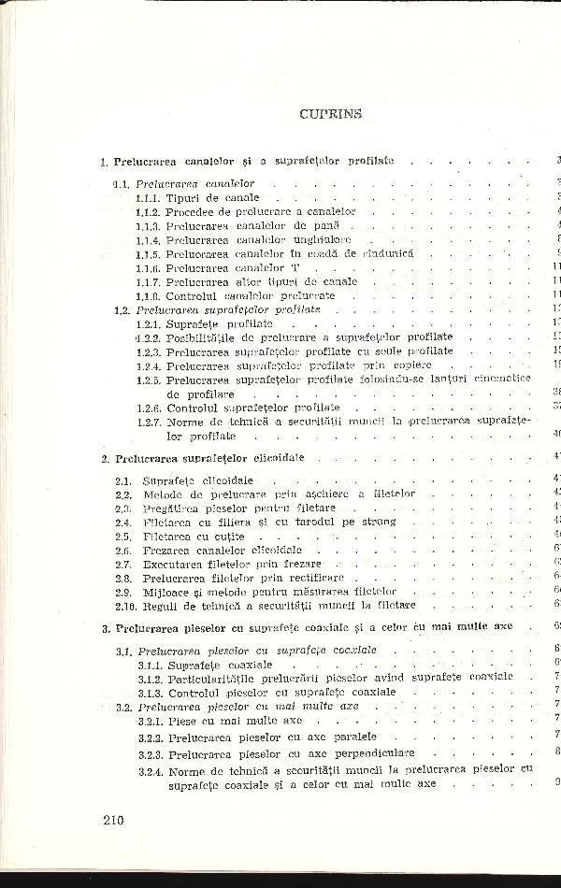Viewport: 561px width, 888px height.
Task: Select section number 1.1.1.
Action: point(147,198)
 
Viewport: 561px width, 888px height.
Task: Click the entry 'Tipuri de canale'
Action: point(213,198)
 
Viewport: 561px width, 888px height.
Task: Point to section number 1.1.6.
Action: point(147,267)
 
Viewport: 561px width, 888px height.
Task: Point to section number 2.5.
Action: point(122,537)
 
